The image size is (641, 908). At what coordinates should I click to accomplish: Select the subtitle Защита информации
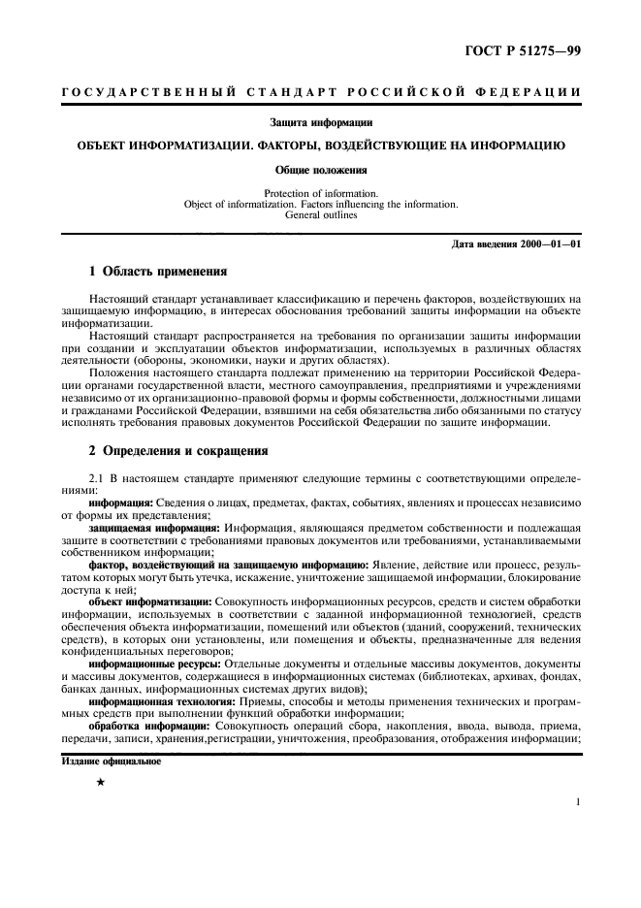tap(321, 122)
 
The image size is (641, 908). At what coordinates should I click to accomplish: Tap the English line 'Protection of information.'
tap(321, 193)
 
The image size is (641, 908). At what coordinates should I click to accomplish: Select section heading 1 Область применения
tap(158, 272)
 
